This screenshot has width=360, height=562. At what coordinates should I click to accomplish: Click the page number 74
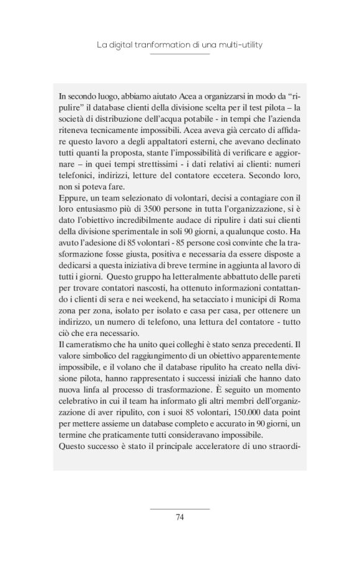click(180, 517)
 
